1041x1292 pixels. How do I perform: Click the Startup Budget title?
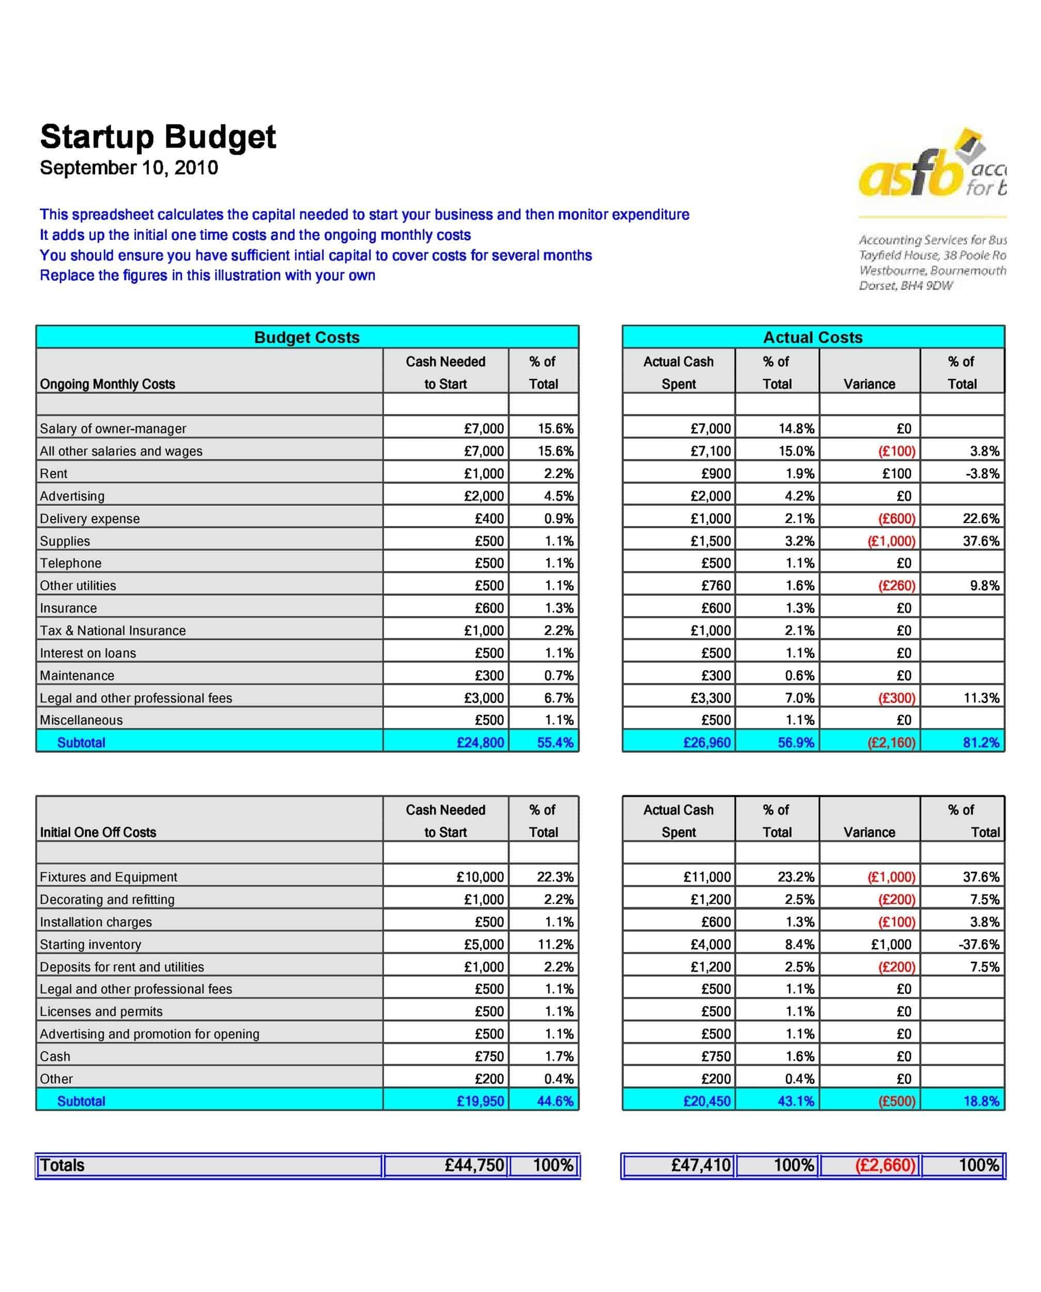[158, 137]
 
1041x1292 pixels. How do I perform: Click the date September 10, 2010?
[129, 168]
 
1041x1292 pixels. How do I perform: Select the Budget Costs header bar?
[307, 337]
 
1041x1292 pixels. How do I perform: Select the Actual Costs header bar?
[813, 337]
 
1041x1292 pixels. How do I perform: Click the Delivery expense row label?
[90, 518]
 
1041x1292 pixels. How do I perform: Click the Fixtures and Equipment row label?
[109, 877]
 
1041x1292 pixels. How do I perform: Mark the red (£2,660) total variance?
[885, 1165]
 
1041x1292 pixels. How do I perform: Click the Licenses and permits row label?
[101, 1011]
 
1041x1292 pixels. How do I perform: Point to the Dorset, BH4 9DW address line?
[906, 286]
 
